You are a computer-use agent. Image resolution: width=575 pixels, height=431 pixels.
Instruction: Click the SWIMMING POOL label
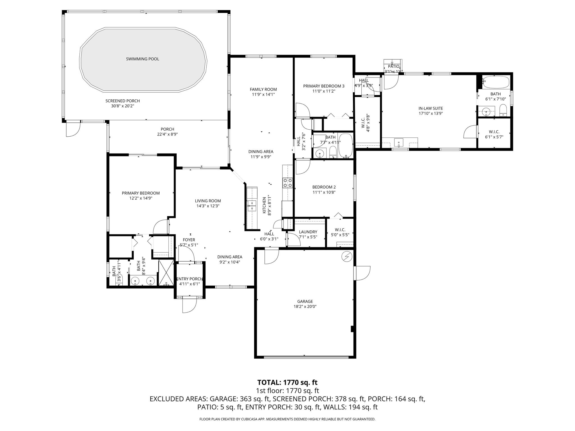click(x=142, y=59)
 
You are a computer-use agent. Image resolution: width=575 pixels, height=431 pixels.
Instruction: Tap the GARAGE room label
click(x=305, y=302)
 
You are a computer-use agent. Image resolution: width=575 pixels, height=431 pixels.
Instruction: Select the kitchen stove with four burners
click(x=287, y=183)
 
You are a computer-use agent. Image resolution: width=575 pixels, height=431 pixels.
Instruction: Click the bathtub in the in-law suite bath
click(x=496, y=82)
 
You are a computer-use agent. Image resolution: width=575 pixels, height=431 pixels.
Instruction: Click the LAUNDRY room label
click(x=308, y=232)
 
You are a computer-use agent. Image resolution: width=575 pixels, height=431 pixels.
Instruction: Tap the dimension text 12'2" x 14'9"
click(x=141, y=198)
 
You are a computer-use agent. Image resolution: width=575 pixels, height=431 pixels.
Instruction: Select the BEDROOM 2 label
click(x=324, y=187)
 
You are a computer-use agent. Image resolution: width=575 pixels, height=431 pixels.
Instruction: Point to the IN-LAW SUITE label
click(x=430, y=108)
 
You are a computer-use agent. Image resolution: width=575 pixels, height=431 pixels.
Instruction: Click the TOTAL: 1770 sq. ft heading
click(x=287, y=382)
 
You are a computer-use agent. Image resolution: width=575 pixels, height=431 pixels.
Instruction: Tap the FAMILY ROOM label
click(x=263, y=90)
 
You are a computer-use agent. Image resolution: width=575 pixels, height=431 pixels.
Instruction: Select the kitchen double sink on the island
click(x=252, y=205)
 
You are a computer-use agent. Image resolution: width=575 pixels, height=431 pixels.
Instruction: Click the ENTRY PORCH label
click(x=190, y=279)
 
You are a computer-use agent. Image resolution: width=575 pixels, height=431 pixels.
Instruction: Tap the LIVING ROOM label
click(x=208, y=201)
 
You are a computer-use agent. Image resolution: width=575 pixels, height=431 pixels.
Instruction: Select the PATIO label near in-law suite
click(x=393, y=67)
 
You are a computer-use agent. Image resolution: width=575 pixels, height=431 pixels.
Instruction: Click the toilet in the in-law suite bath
click(x=503, y=110)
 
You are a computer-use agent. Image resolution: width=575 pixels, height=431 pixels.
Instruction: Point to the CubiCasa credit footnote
click(x=287, y=419)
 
